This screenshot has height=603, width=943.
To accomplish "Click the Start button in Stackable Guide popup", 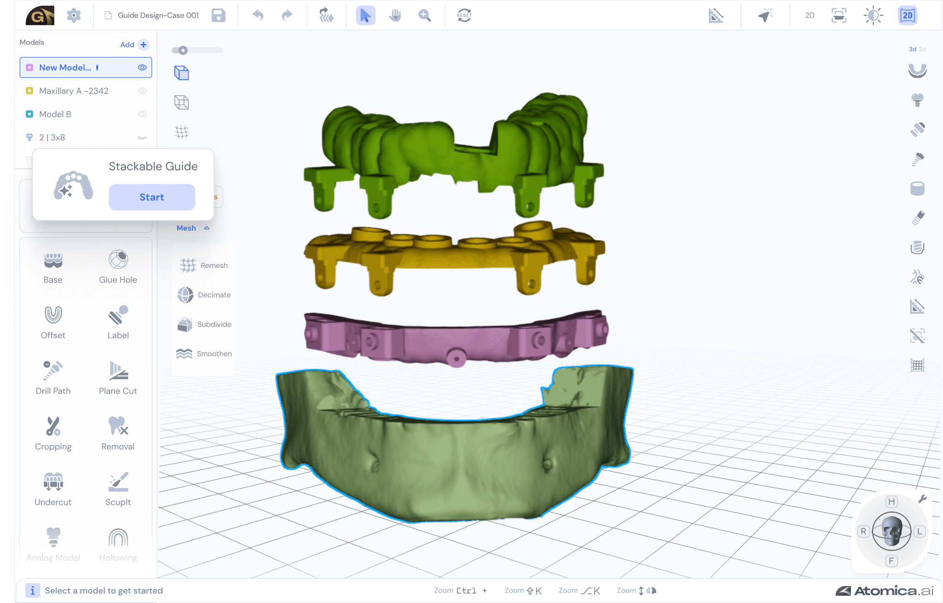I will point(151,197).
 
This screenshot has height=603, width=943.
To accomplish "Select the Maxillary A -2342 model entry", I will point(74,91).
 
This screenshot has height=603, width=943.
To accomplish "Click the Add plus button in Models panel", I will point(144,45).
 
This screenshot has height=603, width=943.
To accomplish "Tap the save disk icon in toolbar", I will point(218,15).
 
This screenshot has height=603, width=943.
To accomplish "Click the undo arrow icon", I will point(258,15).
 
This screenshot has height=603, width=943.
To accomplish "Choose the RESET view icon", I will point(464,15).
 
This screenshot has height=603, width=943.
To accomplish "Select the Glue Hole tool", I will point(118,260).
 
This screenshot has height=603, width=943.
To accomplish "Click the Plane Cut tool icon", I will point(118,371).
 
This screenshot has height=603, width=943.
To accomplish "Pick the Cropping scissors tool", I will point(53,426).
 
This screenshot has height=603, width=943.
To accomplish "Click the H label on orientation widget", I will point(891,502).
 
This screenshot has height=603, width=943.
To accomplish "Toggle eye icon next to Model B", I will point(142,114).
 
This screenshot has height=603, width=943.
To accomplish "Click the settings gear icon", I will point(74,15).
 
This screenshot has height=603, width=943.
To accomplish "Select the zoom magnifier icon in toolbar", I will point(425,15).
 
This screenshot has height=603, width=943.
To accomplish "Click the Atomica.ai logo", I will point(885,591).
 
